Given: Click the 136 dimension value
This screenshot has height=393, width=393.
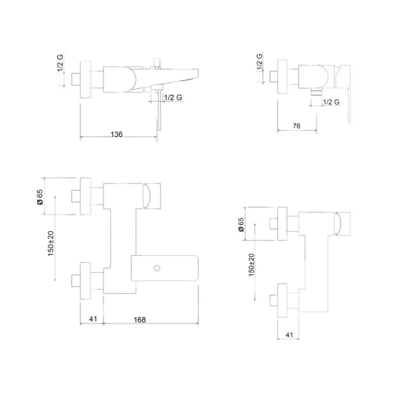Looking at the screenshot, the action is point(117,134).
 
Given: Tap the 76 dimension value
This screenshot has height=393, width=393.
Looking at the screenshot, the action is point(296,126).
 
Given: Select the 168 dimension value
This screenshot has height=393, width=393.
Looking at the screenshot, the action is point(140,320).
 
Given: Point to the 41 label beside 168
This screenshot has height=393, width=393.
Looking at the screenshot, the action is point(93,319).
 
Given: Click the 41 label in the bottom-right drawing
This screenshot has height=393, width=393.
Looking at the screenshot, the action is point(289,335).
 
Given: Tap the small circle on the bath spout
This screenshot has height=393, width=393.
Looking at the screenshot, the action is point(157,268).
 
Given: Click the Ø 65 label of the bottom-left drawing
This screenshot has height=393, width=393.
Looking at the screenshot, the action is point(40,197).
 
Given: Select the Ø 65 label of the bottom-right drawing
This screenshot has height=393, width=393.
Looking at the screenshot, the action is point(241,224).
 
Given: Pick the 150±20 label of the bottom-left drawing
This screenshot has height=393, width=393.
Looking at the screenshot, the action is point(51,243).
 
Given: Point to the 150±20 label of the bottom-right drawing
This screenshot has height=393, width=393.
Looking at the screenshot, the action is point(251,265).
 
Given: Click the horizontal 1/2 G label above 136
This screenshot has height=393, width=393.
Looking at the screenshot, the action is point(173,97).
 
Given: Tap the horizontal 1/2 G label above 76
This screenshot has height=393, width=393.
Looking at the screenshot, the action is point(331,102).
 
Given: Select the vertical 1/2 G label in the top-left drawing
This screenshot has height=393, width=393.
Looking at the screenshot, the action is point(60,62).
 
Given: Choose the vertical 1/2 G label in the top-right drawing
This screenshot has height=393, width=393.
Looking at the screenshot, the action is point(259,62).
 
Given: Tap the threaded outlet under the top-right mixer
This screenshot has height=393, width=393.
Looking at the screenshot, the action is point(317,92).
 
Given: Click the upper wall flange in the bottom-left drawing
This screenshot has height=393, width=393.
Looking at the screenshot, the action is point(85,196).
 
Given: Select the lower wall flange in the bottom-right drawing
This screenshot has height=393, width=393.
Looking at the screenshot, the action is point(282,300).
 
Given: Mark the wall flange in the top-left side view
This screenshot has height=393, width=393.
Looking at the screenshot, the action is point(85,79).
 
